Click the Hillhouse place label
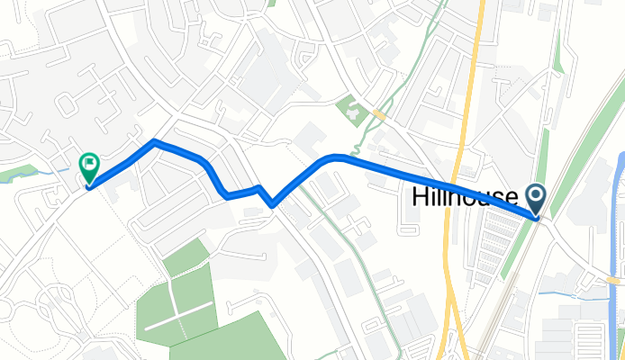click(x=465, y=196)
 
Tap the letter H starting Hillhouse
click(x=420, y=196)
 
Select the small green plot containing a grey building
click(x=349, y=111)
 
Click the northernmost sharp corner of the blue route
click(x=155, y=141)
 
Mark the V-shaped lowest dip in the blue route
click(x=272, y=205)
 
